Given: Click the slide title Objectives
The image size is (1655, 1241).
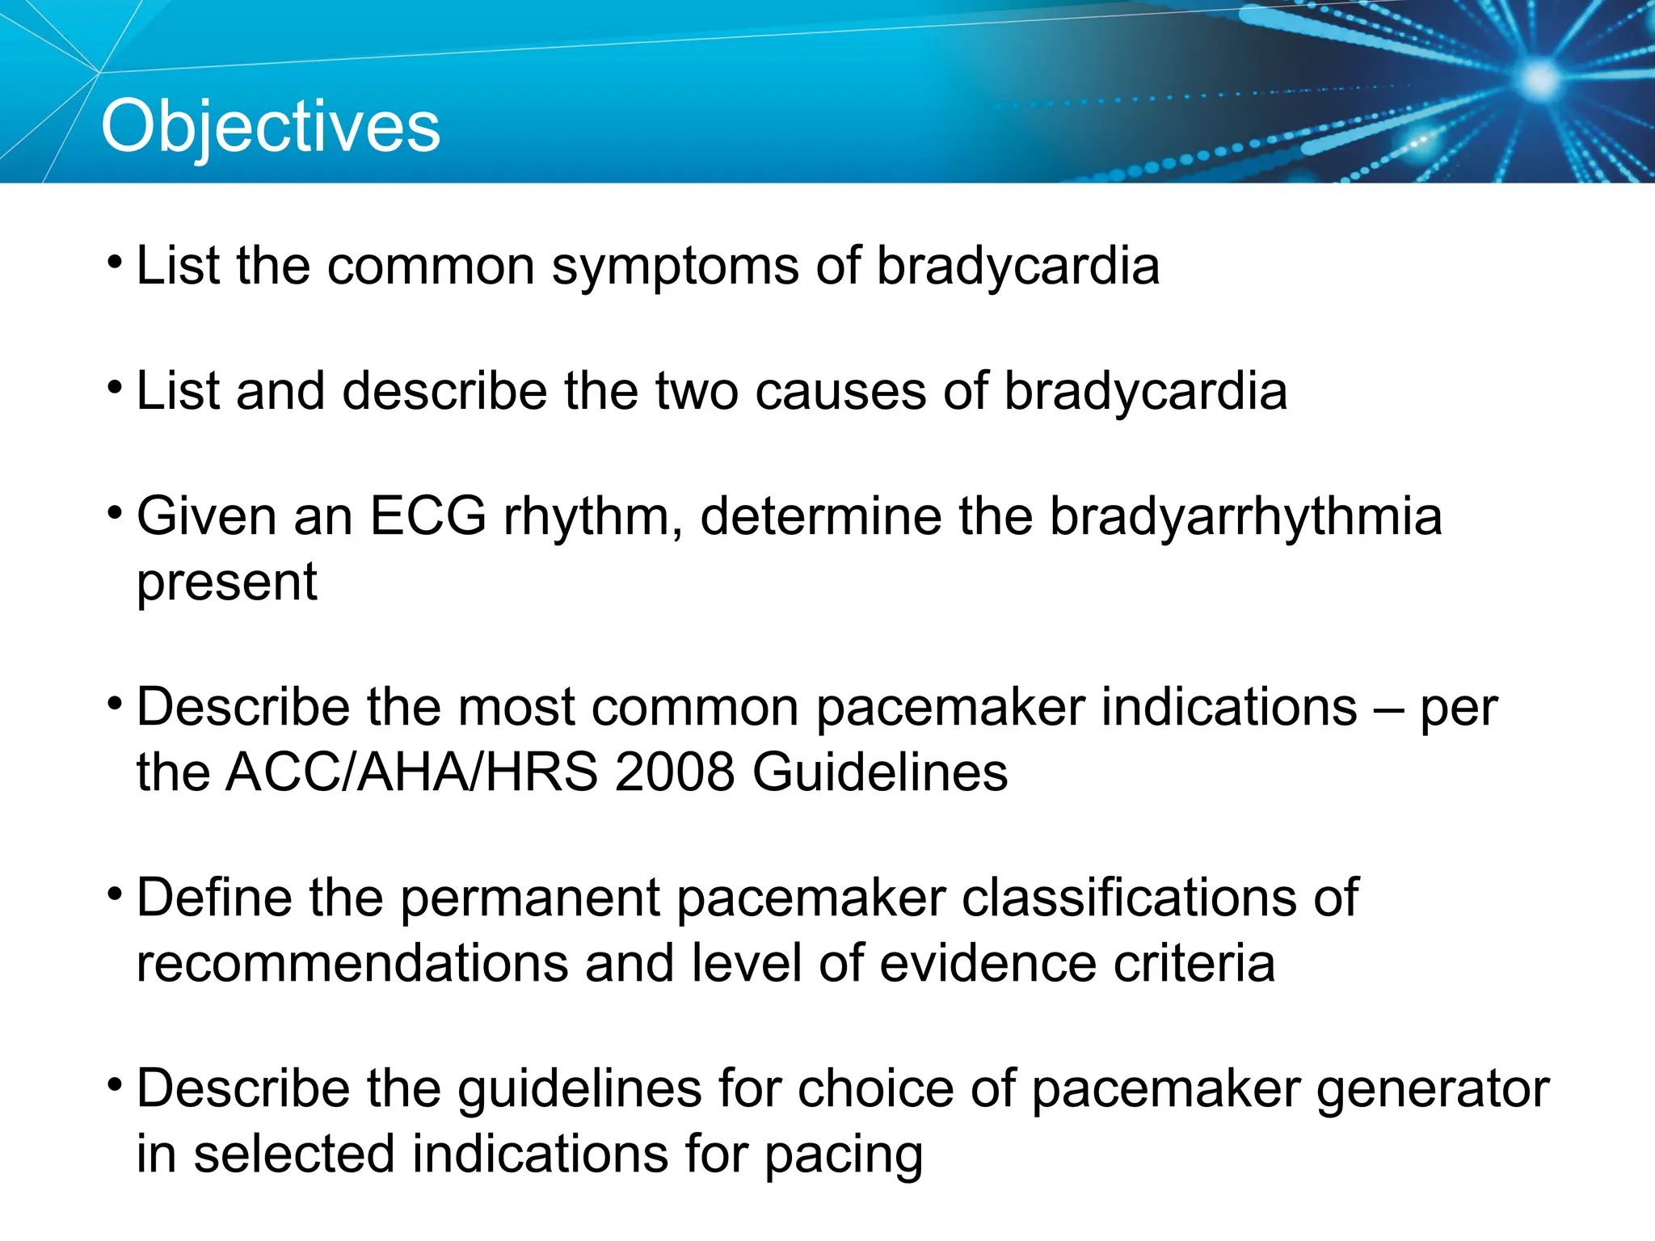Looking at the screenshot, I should (270, 126).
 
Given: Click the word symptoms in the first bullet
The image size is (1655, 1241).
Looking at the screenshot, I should (674, 267).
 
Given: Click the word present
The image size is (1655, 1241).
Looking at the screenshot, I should (226, 583).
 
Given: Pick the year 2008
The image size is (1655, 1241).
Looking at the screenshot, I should (675, 772).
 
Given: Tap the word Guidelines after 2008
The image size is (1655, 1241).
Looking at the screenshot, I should (880, 772).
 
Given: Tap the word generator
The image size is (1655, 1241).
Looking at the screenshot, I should (1432, 1090).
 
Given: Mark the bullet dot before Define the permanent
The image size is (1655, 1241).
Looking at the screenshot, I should (116, 894).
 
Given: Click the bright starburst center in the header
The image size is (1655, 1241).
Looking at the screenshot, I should (1539, 79).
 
